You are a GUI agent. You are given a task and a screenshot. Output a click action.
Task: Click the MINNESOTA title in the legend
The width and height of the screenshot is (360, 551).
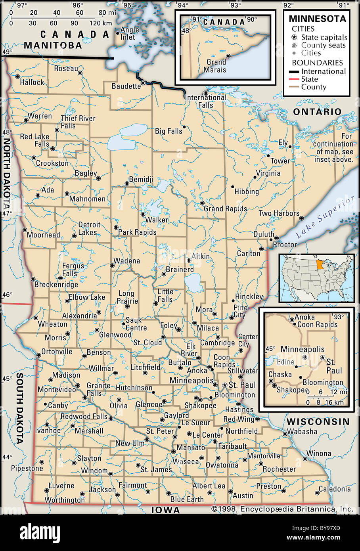[x=317, y=19]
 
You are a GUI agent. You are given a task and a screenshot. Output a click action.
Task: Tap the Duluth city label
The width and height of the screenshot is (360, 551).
[x=264, y=234]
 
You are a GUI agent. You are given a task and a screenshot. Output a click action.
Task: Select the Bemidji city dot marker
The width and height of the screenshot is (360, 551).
[x=127, y=184]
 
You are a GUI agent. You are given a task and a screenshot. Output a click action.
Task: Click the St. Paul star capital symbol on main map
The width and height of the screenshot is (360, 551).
[x=225, y=385]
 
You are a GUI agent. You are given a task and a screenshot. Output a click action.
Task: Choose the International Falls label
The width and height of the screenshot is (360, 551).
[x=206, y=101]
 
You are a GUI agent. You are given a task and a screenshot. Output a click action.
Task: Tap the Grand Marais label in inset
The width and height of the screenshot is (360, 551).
[x=215, y=66]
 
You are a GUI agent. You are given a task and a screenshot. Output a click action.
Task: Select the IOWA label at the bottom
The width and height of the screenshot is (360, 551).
[x=165, y=510]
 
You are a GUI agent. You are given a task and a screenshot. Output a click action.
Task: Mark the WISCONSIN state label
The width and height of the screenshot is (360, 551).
[x=318, y=421]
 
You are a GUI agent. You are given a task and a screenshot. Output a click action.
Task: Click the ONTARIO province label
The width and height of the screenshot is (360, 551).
[x=317, y=112]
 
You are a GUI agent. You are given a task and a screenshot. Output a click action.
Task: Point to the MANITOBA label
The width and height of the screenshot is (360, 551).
[x=53, y=45]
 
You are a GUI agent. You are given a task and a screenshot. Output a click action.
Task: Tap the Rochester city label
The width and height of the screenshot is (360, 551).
[x=279, y=469]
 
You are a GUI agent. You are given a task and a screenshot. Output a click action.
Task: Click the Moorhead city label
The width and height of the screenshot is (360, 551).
[x=43, y=235]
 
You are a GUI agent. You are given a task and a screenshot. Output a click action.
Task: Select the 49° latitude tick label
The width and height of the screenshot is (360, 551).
[x=8, y=52]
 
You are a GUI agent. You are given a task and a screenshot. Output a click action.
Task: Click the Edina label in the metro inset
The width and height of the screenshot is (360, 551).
[x=285, y=362]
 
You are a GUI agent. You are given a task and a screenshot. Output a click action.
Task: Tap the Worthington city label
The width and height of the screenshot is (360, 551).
[x=65, y=500]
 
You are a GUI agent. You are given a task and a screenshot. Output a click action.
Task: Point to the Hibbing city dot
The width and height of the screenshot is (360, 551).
[x=233, y=187]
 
